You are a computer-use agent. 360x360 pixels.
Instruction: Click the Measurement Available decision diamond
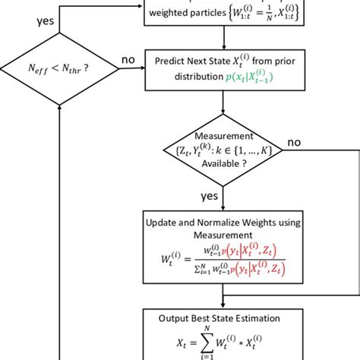(223, 151)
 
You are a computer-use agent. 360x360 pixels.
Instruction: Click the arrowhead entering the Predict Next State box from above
(223, 48)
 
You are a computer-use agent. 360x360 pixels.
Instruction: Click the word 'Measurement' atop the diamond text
(223, 134)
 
